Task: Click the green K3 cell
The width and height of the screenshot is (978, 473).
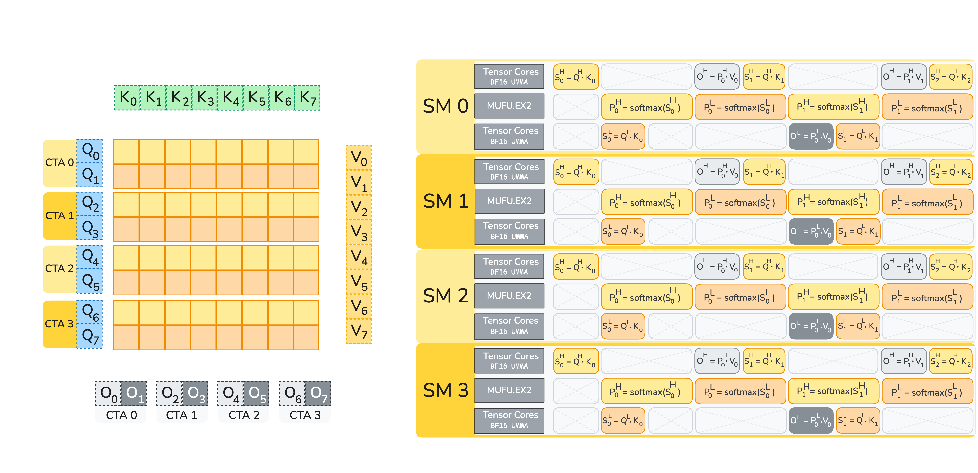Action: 205,98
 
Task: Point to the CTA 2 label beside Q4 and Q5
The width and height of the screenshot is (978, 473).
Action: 60,268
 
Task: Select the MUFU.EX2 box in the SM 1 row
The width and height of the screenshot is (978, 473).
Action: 509,201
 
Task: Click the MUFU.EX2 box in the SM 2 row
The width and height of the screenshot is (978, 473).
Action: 509,296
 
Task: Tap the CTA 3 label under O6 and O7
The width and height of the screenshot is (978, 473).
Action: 305,415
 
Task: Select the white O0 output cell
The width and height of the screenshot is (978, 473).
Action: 108,394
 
